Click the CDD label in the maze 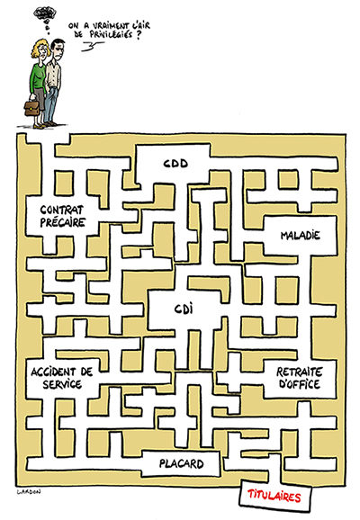point(175,164)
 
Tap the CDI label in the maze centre point(184,309)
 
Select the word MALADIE point(301,236)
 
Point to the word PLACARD point(182,463)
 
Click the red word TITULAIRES point(274,496)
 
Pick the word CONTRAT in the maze point(62,210)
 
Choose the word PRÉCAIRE point(63,222)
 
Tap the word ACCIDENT point(52,372)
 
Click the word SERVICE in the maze point(62,384)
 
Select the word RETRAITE point(300,372)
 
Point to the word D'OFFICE point(300,383)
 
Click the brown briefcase point(31,108)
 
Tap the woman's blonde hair point(40,48)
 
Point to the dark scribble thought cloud point(45,13)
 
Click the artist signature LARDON point(29,492)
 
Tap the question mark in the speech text point(139,34)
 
